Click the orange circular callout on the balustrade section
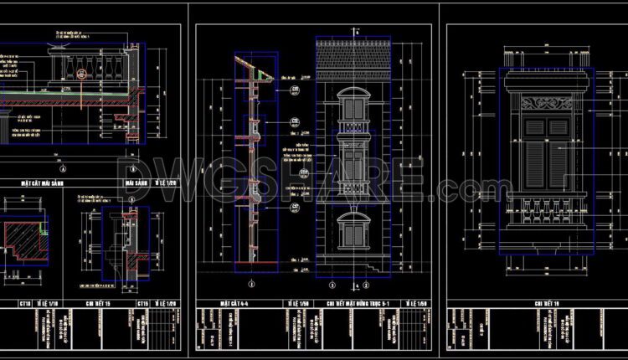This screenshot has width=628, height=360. pos(82,74)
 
